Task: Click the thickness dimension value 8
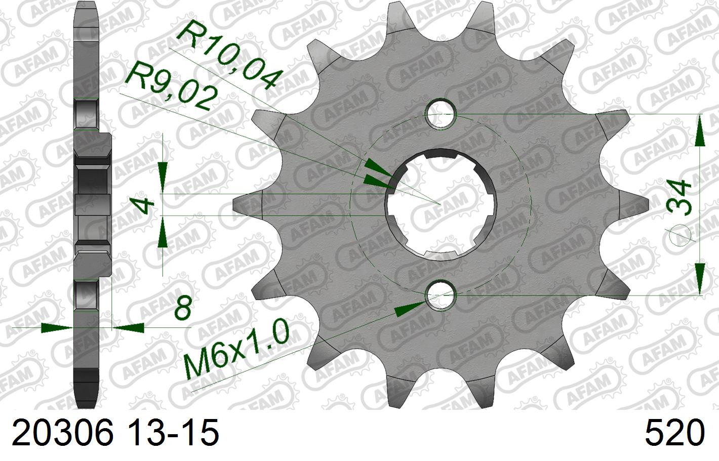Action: [x=183, y=308]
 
